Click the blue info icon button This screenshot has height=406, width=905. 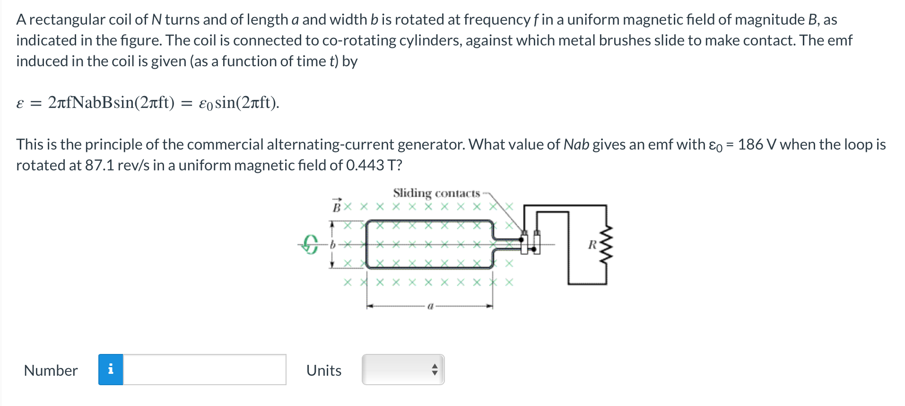(x=111, y=370)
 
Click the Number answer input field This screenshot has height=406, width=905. (x=204, y=370)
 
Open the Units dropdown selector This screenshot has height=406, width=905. (x=403, y=370)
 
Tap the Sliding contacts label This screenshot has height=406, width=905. (x=436, y=193)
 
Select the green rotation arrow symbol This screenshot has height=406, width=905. (x=310, y=244)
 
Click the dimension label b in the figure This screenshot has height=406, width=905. (x=333, y=245)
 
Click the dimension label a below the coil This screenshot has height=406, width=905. (x=430, y=306)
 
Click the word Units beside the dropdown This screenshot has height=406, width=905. (x=324, y=370)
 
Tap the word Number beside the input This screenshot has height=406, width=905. (x=51, y=370)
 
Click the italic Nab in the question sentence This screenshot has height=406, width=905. (x=576, y=144)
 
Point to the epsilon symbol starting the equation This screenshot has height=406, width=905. (x=20, y=103)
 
